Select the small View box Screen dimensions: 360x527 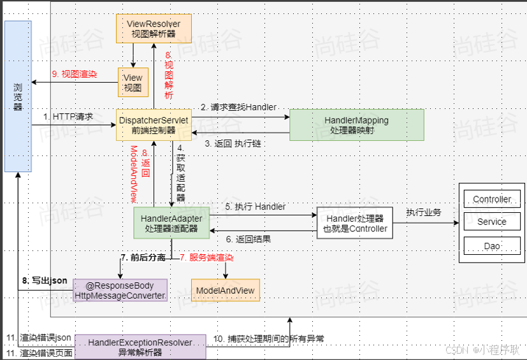[x=133, y=83]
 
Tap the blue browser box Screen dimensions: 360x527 [x=18, y=96]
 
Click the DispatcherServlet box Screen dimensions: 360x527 [x=153, y=125]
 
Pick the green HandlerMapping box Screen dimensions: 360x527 [x=356, y=125]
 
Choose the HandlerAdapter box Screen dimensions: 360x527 [x=171, y=223]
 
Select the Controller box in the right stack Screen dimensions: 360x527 [x=491, y=199]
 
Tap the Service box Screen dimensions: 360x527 [x=491, y=222]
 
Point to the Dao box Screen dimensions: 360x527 [x=491, y=245]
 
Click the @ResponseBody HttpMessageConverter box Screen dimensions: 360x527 [x=120, y=291]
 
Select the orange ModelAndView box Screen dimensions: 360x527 [x=225, y=291]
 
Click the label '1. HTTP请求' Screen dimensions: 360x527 [x=68, y=117]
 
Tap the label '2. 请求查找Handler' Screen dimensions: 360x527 [x=239, y=107]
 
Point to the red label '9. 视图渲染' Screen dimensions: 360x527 [x=75, y=74]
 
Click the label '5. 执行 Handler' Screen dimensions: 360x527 [x=255, y=206]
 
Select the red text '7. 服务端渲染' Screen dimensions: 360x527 [x=206, y=258]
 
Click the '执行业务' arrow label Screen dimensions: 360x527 [x=424, y=212]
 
